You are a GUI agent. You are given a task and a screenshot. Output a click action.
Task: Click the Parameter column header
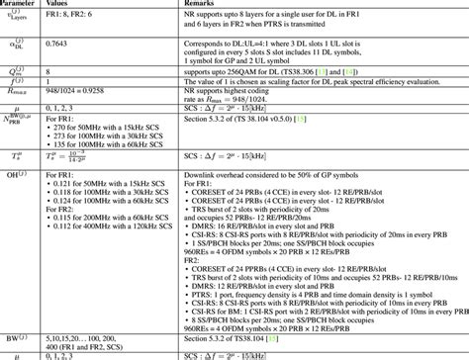tap(21, 5)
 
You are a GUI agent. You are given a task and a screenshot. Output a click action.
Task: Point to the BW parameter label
tap(21, 338)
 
